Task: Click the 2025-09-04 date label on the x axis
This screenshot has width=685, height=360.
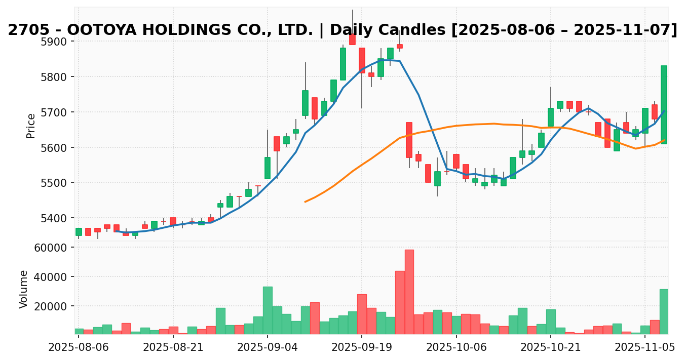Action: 268,347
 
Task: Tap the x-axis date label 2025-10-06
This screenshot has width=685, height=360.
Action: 456,347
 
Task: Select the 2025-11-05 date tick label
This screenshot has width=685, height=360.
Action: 645,347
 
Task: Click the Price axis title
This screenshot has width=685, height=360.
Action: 31,126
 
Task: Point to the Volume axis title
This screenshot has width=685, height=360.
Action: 24,289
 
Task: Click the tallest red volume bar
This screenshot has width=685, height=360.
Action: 409,292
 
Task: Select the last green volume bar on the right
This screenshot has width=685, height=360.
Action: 664,311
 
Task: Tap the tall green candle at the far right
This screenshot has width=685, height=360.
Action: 664,105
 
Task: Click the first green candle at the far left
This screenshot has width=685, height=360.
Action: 79,232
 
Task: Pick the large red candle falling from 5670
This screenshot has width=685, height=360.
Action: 409,140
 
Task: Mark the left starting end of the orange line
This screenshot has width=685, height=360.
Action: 305,202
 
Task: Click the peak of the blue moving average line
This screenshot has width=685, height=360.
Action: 388,60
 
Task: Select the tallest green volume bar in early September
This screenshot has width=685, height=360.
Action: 268,310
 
